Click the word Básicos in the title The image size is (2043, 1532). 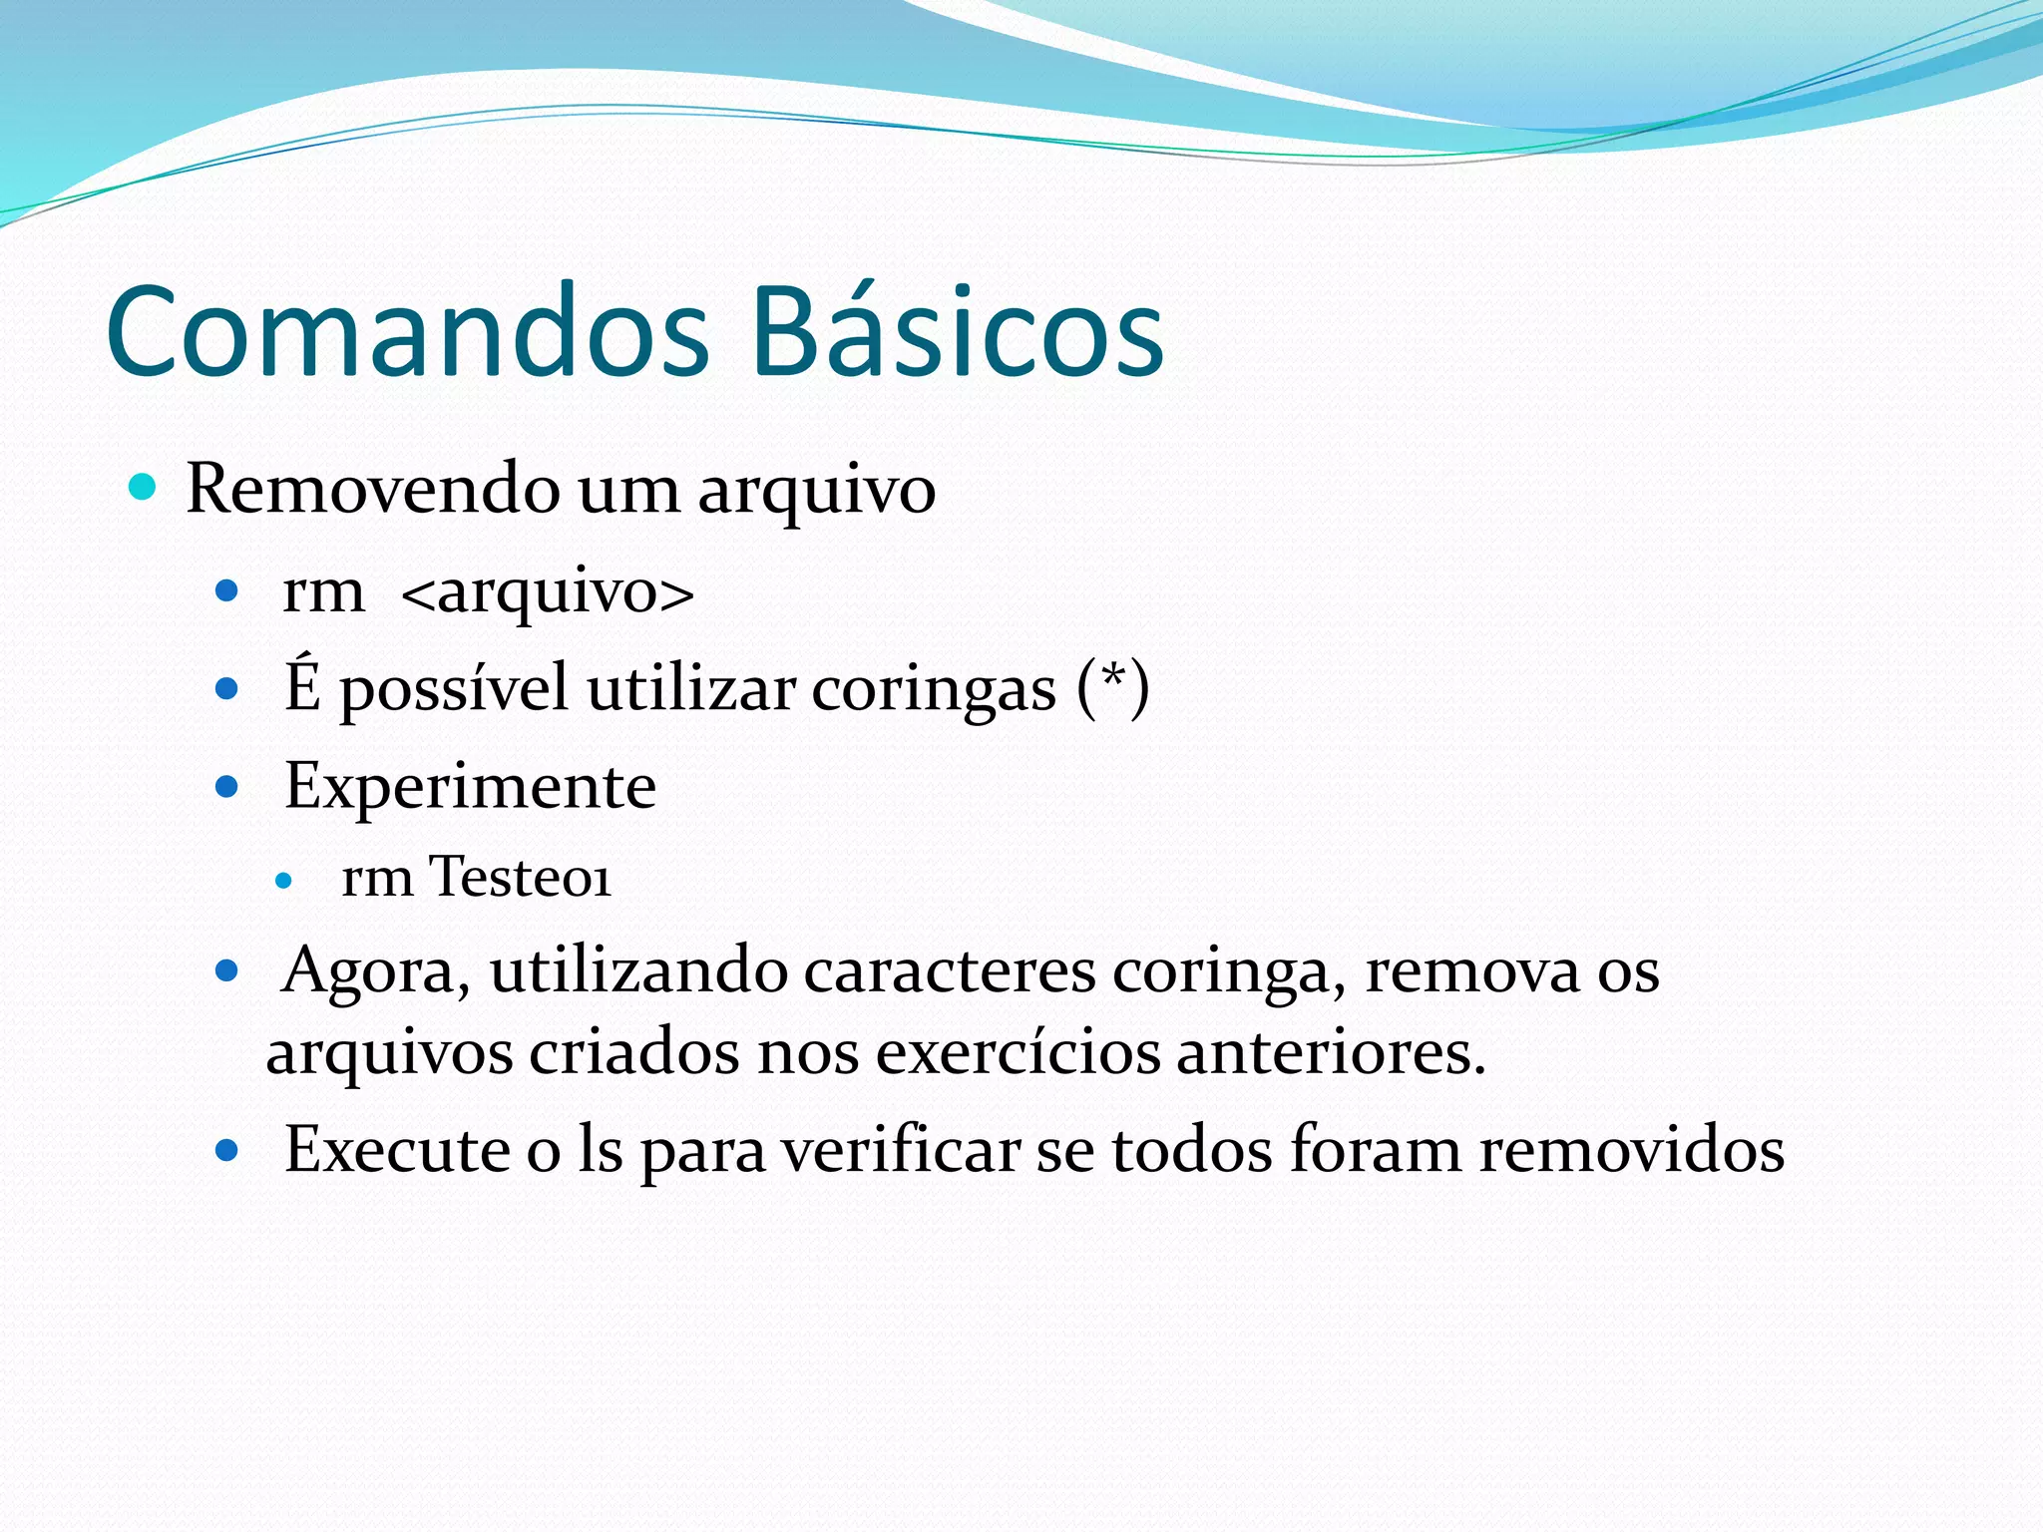click(958, 331)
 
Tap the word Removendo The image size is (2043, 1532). click(373, 489)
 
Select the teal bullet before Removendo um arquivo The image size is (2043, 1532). click(144, 488)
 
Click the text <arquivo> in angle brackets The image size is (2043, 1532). click(547, 592)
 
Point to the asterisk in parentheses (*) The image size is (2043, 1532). click(1113, 682)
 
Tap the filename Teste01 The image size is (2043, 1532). click(520, 878)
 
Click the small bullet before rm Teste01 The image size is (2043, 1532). click(284, 881)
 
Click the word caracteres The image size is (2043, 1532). click(949, 970)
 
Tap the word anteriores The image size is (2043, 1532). click(1331, 1052)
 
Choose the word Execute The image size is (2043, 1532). click(397, 1150)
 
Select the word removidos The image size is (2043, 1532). click(1631, 1150)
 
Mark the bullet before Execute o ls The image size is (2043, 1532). click(227, 1152)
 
